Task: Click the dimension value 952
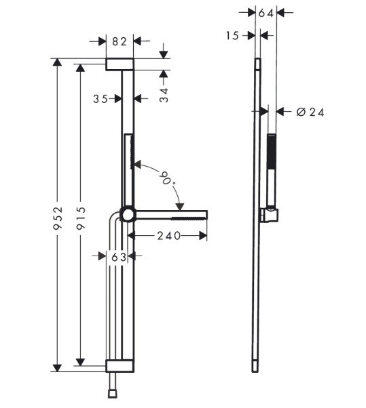pyautogui.click(x=58, y=218)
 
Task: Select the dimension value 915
pyautogui.click(x=81, y=218)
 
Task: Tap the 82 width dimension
pyautogui.click(x=120, y=41)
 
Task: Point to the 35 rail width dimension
pyautogui.click(x=100, y=99)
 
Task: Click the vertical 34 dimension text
pyautogui.click(x=164, y=95)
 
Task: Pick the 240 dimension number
pyautogui.click(x=168, y=236)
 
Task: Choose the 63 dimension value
pyautogui.click(x=119, y=257)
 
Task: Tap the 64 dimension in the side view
pyautogui.click(x=266, y=13)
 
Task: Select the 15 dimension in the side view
pyautogui.click(x=232, y=36)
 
